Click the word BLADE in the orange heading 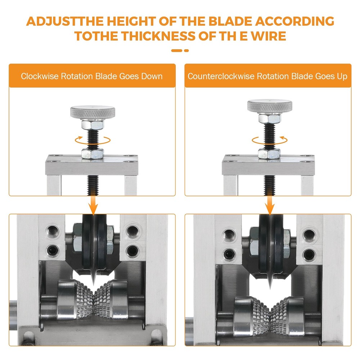[230, 21]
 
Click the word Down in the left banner [152, 76]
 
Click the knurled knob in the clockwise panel [93, 112]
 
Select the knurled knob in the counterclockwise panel [270, 106]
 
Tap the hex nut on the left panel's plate [93, 154]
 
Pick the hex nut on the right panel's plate [269, 153]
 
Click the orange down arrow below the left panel [93, 205]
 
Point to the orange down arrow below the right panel [270, 205]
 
